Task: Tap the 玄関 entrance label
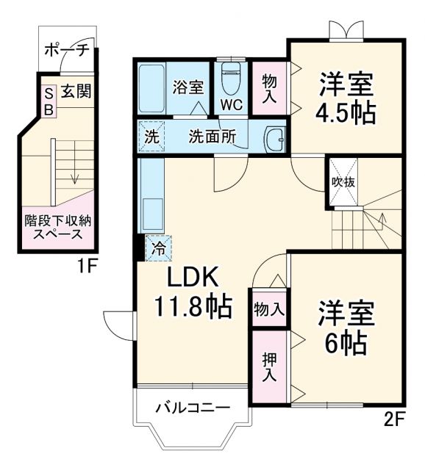pyautogui.click(x=76, y=92)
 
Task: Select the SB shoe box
pyautogui.click(x=49, y=101)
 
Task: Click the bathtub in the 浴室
pyautogui.click(x=152, y=87)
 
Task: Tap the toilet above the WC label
pyautogui.click(x=232, y=77)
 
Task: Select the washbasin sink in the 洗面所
pyautogui.click(x=276, y=137)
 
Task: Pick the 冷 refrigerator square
pyautogui.click(x=158, y=246)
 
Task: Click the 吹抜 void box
pyautogui.click(x=343, y=181)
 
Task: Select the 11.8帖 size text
pyautogui.click(x=193, y=305)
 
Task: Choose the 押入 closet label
pyautogui.click(x=269, y=366)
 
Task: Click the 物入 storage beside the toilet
pyautogui.click(x=268, y=87)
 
